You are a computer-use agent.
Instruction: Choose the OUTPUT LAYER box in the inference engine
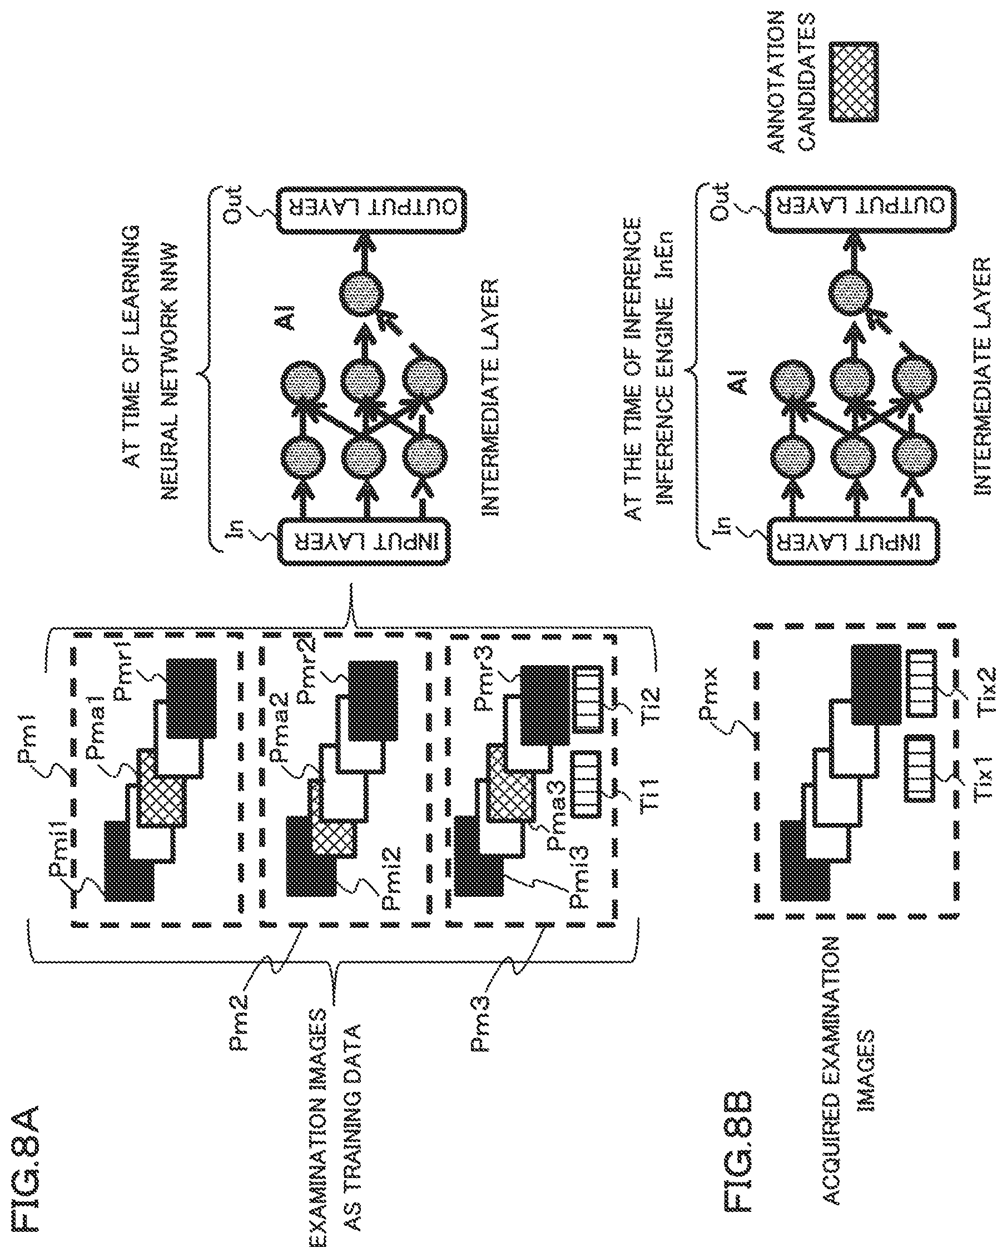point(861,210)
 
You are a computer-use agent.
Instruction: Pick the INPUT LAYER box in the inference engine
point(854,542)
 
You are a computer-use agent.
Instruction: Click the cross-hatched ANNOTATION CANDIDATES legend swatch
point(854,81)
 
